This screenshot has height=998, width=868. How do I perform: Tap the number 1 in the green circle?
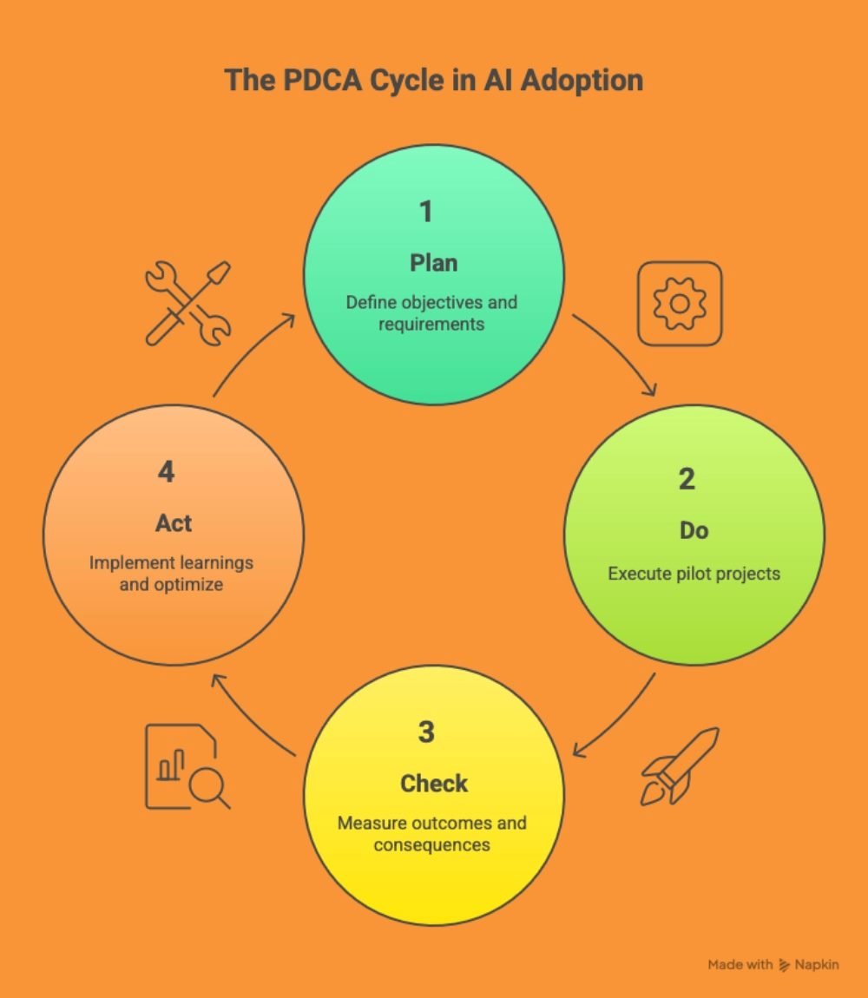click(425, 211)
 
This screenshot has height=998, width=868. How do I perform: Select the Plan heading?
click(433, 262)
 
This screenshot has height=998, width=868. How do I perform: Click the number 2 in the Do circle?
click(686, 478)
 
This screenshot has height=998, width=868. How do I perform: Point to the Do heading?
click(694, 529)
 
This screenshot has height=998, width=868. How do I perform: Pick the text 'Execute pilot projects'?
click(694, 574)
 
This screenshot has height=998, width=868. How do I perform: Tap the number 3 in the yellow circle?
click(425, 732)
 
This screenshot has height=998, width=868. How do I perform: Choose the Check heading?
click(433, 783)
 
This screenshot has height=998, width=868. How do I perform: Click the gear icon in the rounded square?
click(680, 304)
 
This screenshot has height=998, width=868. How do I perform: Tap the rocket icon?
click(680, 765)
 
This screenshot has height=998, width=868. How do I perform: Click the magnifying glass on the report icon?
click(208, 787)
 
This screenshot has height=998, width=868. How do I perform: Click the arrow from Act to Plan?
click(252, 351)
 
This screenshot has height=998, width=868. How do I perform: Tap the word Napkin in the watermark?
click(817, 964)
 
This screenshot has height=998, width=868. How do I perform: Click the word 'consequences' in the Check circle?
click(431, 844)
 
